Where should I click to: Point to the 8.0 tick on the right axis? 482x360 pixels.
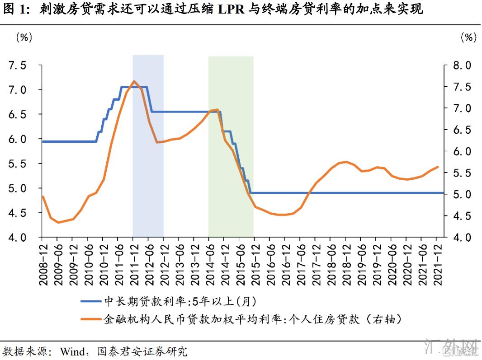(462, 65)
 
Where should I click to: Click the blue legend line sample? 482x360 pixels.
(91, 301)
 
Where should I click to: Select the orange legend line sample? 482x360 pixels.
(91, 319)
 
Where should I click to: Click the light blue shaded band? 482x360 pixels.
(148, 181)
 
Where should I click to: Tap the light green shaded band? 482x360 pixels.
(231, 181)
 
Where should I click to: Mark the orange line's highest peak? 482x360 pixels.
(134, 81)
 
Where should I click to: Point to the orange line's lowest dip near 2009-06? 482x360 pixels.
(58, 222)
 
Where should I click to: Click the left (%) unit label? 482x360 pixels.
(24, 37)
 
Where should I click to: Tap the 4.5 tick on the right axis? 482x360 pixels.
(462, 216)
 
